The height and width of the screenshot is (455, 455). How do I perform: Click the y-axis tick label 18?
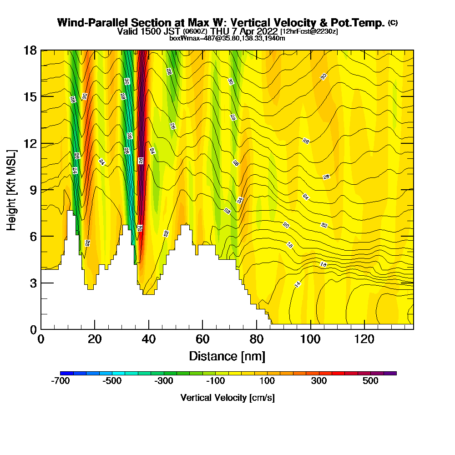(x=30, y=50)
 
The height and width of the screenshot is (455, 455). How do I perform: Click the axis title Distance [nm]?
(x=227, y=356)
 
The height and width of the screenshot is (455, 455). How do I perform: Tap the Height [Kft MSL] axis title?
(x=12, y=189)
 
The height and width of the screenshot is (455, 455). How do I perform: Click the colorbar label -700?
(x=61, y=381)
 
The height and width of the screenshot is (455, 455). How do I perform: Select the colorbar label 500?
(x=370, y=381)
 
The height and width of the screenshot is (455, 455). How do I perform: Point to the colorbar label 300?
(x=318, y=381)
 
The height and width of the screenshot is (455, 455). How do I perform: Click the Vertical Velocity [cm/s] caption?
(x=227, y=398)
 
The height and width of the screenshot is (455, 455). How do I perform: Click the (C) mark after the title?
(x=393, y=22)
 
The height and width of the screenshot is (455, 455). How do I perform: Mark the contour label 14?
(x=298, y=285)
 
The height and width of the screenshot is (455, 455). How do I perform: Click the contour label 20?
(x=286, y=225)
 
